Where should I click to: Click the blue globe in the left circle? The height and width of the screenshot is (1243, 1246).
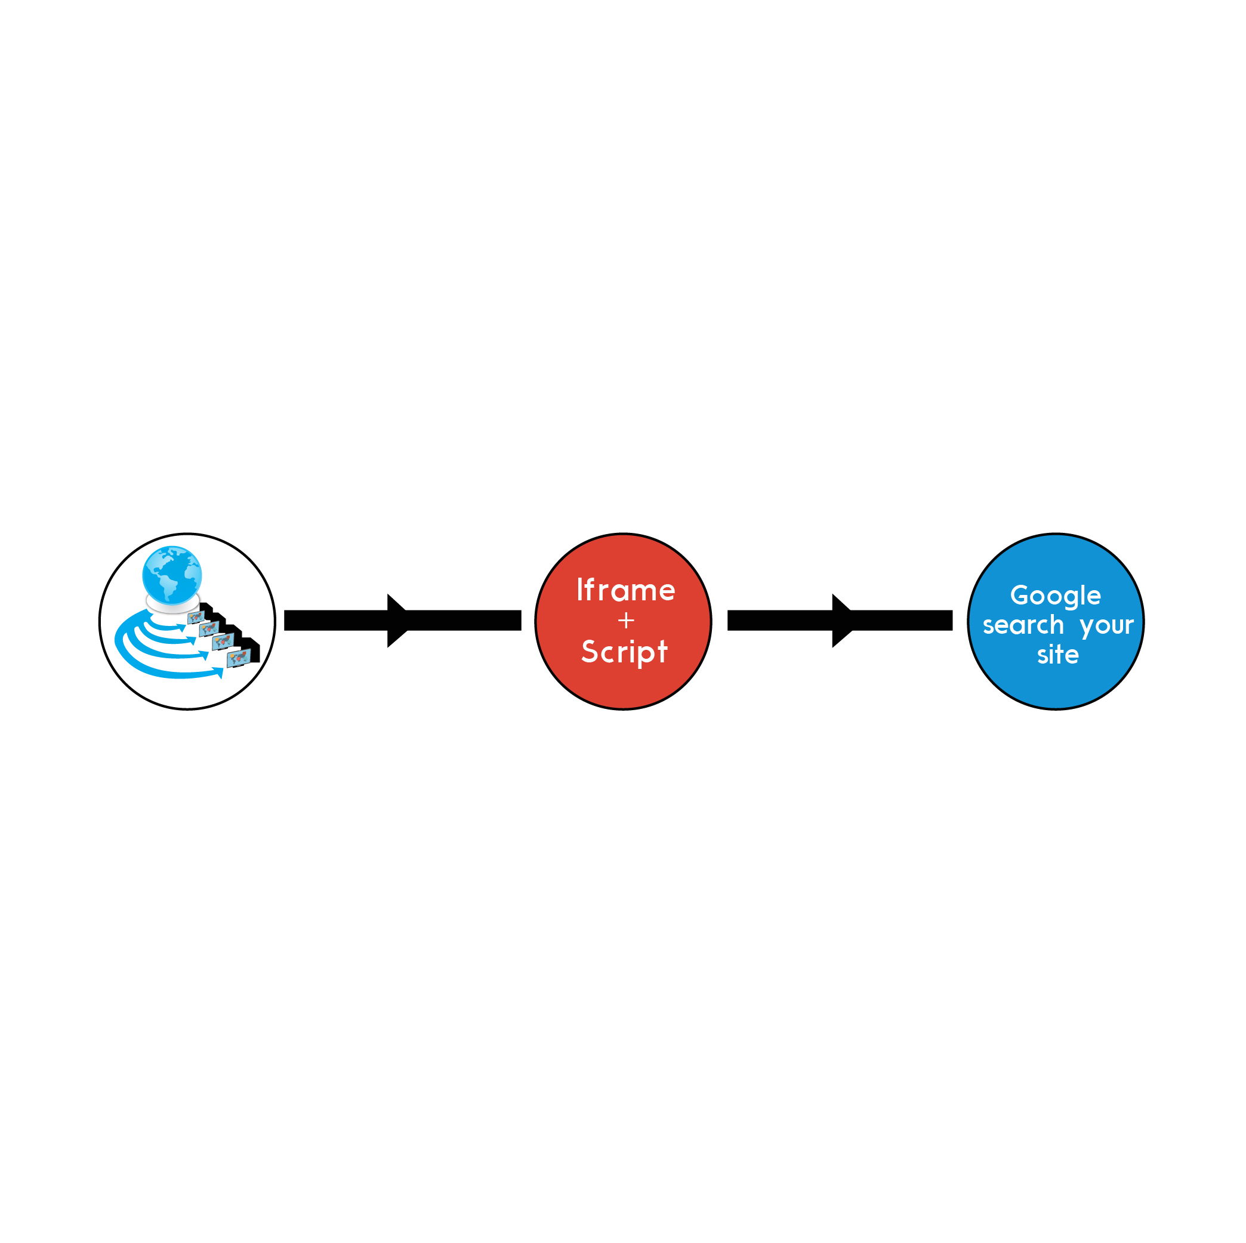[172, 574]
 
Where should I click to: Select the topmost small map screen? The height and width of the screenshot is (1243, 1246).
[195, 617]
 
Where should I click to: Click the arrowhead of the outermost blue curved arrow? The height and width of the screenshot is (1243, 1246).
[218, 673]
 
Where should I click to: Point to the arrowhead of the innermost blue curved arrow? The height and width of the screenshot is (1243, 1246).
[181, 628]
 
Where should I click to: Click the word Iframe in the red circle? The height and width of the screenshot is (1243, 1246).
[625, 590]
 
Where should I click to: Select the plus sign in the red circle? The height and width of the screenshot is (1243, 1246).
[625, 621]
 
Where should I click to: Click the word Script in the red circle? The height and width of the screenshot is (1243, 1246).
[624, 652]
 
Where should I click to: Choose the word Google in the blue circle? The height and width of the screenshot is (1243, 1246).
[1055, 596]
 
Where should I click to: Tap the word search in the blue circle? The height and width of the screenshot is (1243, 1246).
[1023, 625]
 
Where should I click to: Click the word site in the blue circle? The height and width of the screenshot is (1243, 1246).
[1057, 655]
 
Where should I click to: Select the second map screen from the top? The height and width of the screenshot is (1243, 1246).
[208, 629]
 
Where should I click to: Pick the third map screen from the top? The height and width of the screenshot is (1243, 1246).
[222, 642]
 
